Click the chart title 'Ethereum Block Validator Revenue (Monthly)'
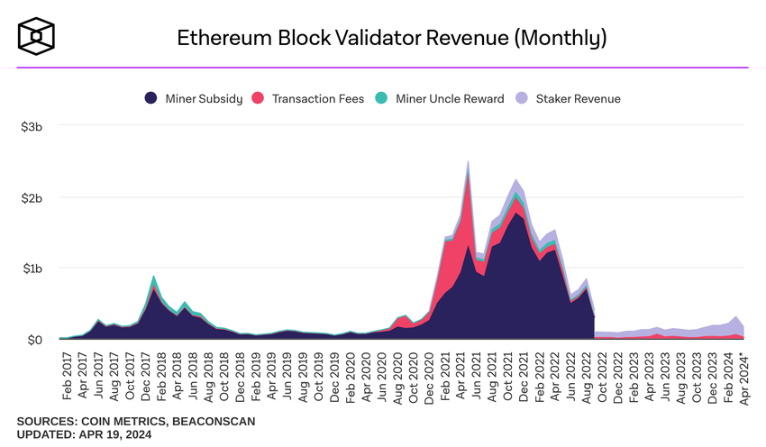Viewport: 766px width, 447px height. [x=391, y=38]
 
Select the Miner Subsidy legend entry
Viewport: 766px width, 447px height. [x=193, y=98]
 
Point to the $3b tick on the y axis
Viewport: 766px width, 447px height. [x=32, y=126]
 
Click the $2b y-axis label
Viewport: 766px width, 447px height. [x=32, y=197]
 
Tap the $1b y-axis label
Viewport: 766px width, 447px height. [x=32, y=269]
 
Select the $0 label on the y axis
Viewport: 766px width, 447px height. [x=34, y=340]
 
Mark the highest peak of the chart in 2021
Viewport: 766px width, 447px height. [x=468, y=163]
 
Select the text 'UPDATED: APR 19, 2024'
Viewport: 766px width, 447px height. [x=84, y=435]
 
